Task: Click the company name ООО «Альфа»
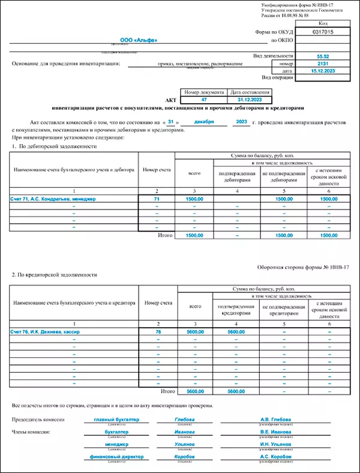pos(139,40)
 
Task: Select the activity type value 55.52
pos(324,55)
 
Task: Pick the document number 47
pos(204,100)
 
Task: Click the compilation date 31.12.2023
pos(248,100)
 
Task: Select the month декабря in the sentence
pos(204,122)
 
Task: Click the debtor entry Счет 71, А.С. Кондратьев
pos(53,198)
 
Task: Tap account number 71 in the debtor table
pos(157,198)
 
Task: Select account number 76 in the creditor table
pos(158,331)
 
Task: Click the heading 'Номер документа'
pos(204,92)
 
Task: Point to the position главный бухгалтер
pos(116,419)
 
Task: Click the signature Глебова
pos(184,419)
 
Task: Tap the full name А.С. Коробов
pos(275,456)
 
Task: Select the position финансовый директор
pos(116,456)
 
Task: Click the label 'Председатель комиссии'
pos(37,419)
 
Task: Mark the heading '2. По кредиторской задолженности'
pos(55,274)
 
